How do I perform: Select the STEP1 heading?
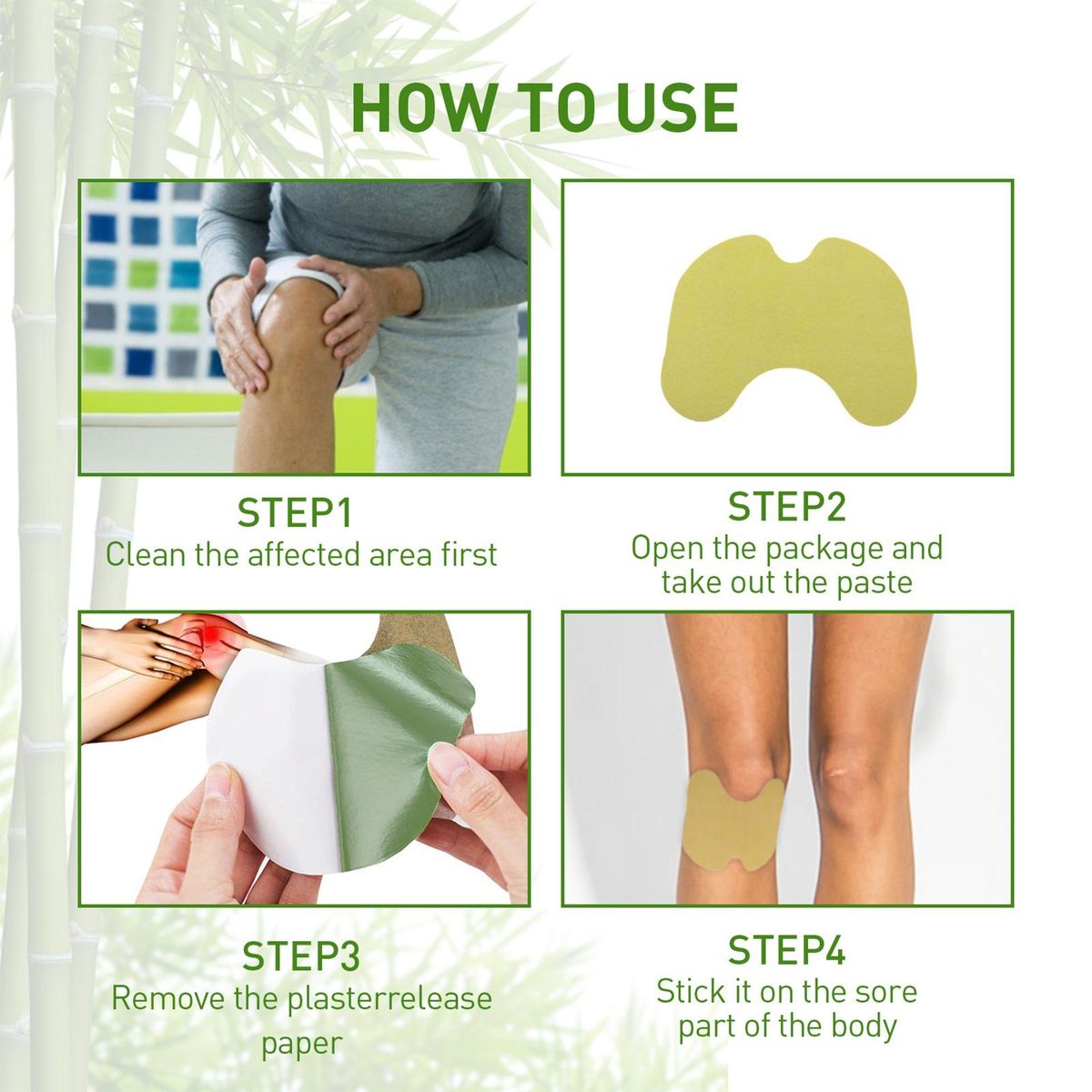point(294,512)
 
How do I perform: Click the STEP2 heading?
point(786,507)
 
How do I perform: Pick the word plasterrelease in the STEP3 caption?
point(389,998)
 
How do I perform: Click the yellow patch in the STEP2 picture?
point(787,331)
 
